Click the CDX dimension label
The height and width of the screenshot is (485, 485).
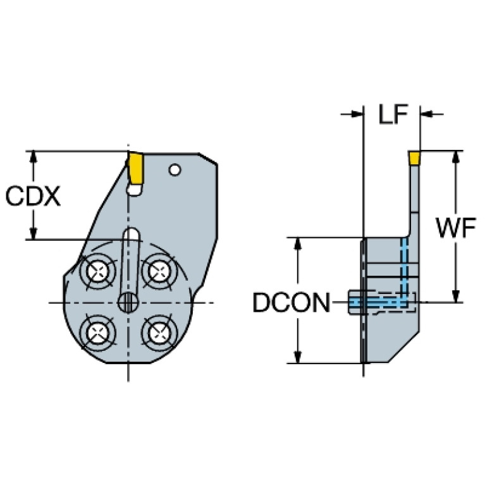(x=33, y=196)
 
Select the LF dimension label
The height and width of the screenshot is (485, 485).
(x=393, y=114)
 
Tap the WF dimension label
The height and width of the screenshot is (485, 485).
(x=456, y=228)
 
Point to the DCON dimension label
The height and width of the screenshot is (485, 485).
(x=292, y=302)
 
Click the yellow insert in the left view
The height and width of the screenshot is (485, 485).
(x=135, y=168)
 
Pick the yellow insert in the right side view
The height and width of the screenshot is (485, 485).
(x=414, y=157)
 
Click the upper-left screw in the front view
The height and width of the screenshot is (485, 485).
(x=97, y=271)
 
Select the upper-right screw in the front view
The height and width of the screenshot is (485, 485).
(x=159, y=271)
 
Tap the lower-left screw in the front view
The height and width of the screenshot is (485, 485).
(x=97, y=333)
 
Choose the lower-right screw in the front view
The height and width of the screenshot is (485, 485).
(x=159, y=333)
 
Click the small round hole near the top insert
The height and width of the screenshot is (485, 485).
(x=175, y=169)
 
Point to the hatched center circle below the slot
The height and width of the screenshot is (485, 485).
(x=128, y=302)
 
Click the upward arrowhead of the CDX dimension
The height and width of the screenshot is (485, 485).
(x=34, y=157)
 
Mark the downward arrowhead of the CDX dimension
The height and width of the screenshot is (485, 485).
(x=34, y=233)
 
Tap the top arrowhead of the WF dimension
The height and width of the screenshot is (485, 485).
(x=455, y=157)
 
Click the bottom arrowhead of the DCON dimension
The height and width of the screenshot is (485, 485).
(x=298, y=357)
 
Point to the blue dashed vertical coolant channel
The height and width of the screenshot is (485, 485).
(x=404, y=272)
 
